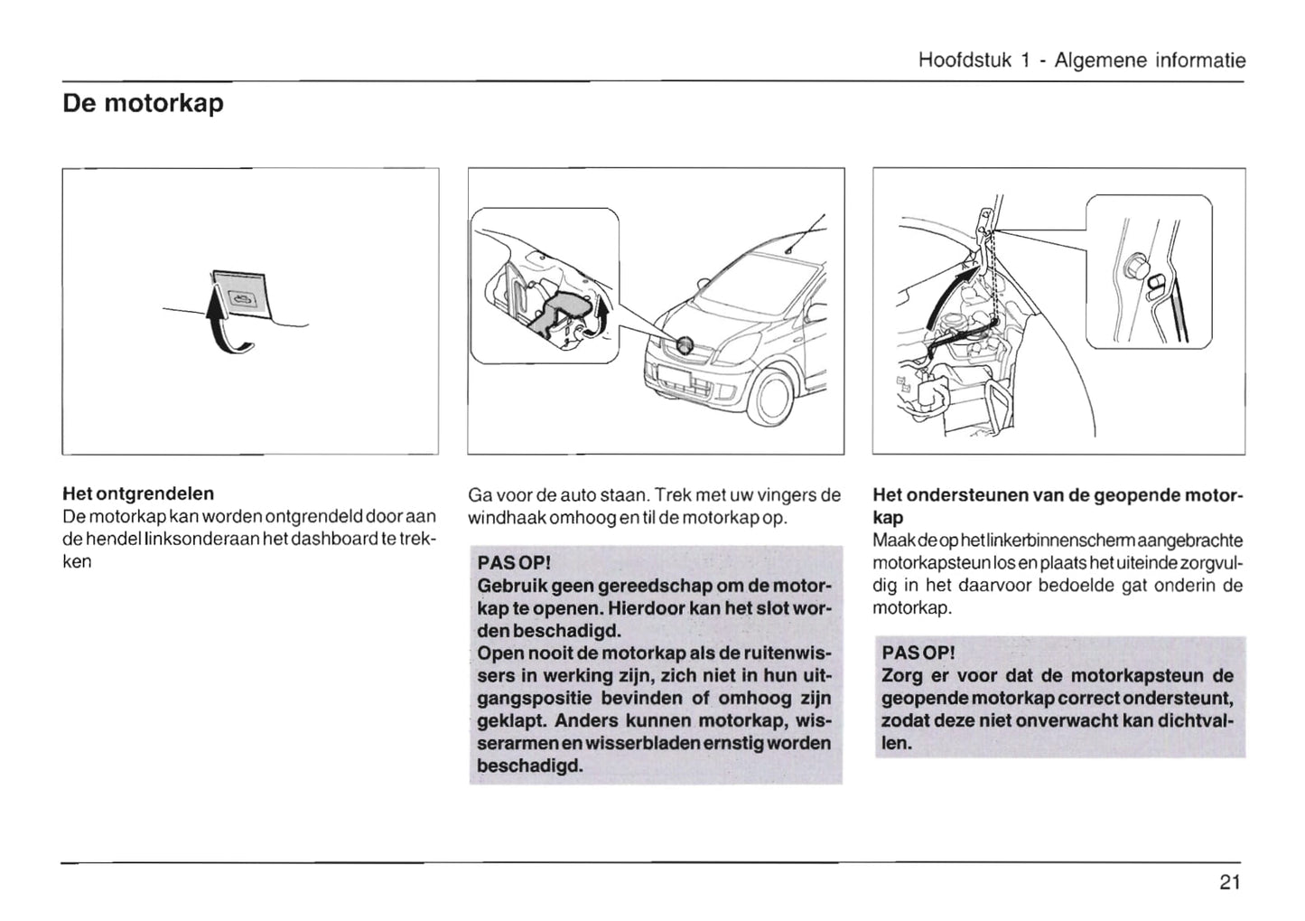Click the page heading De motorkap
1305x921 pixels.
[143, 104]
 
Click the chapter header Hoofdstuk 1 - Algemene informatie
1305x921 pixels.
[1081, 61]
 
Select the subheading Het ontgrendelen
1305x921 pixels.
[138, 493]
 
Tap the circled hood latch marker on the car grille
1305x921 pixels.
[685, 343]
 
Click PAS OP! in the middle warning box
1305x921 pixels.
[512, 563]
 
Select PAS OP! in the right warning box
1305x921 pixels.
[918, 653]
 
